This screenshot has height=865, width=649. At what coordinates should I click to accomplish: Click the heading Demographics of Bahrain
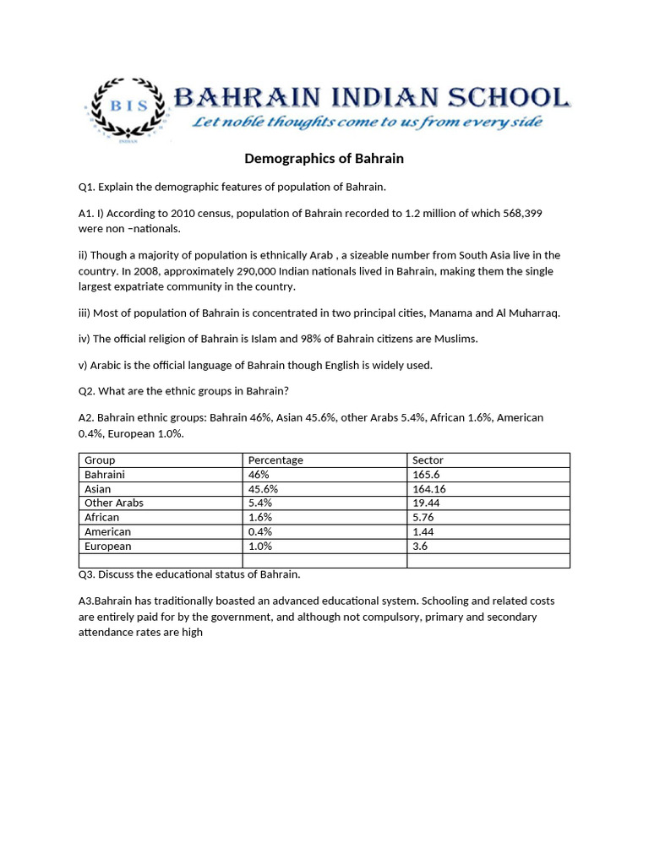[x=324, y=159]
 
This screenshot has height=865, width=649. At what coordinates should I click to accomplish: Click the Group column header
[x=100, y=460]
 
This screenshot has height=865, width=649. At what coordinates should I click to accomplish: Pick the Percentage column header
[x=275, y=460]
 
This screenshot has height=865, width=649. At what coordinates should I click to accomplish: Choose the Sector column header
[x=428, y=460]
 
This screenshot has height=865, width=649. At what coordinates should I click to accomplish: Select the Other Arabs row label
[x=114, y=503]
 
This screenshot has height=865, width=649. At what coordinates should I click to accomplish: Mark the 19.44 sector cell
[x=428, y=503]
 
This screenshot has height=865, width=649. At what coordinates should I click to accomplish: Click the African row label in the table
[x=102, y=518]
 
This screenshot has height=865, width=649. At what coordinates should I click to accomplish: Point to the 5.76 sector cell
[x=425, y=518]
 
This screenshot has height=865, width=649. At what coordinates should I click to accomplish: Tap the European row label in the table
[x=108, y=547]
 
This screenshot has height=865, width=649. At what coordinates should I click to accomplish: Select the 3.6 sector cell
[x=421, y=547]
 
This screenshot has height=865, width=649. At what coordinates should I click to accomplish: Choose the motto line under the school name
[x=367, y=122]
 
